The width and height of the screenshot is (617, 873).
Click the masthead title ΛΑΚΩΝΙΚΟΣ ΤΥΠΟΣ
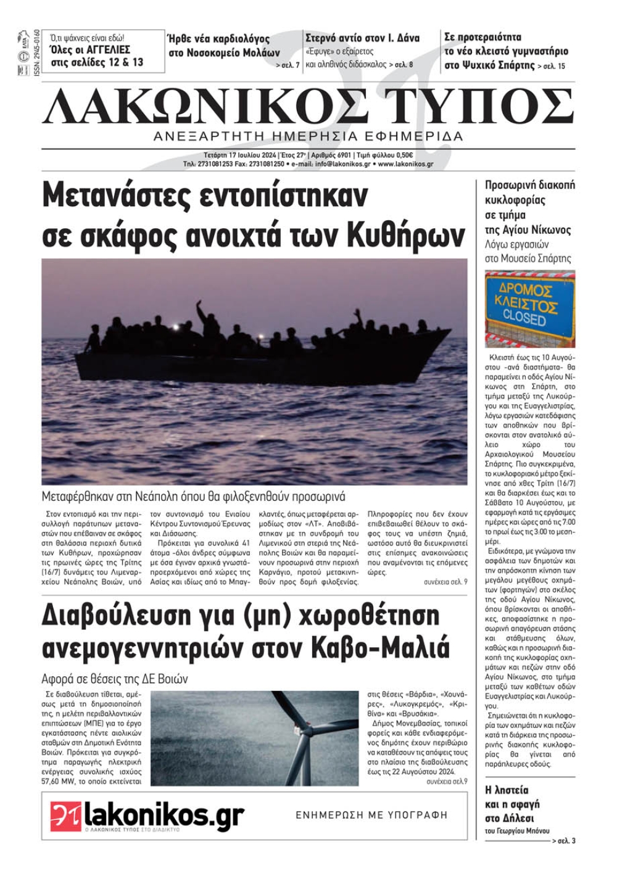click(x=308, y=106)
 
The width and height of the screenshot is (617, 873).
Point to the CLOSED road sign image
click(x=529, y=308)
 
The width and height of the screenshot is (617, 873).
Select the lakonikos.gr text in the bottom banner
click(x=164, y=816)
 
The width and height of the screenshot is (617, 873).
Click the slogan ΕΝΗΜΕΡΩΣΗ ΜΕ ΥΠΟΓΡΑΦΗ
click(x=371, y=815)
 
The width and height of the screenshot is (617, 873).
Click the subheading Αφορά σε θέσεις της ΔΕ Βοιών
click(x=115, y=679)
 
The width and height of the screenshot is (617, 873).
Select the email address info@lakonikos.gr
click(x=343, y=165)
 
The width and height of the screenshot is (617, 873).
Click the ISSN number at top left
click(x=37, y=53)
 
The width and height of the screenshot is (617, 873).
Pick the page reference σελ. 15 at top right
click(x=553, y=66)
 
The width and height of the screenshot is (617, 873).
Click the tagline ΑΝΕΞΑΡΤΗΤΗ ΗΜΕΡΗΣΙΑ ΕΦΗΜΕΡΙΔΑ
click(x=308, y=136)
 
